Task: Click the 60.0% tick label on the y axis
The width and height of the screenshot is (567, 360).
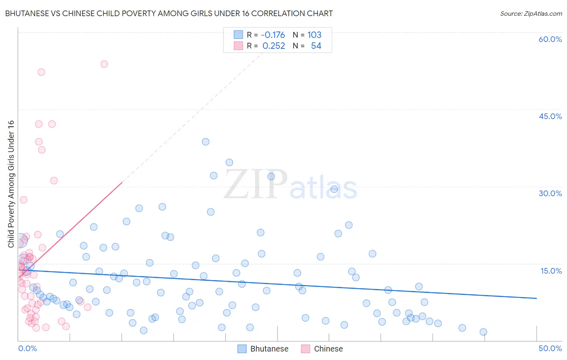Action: click(550, 39)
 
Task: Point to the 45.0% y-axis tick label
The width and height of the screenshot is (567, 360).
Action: click(550, 116)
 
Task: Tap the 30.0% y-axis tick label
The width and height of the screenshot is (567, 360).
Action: click(550, 193)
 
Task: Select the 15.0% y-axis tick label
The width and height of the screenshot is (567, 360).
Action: click(551, 271)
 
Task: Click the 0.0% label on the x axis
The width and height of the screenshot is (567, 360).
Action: click(27, 348)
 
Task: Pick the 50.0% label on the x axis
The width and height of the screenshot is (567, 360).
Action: click(550, 348)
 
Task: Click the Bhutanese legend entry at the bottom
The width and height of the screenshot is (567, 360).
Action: click(269, 349)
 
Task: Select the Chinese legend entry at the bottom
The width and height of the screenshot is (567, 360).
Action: click(328, 349)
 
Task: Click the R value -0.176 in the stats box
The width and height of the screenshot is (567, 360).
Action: click(273, 35)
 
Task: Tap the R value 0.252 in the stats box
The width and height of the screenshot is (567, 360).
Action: click(274, 46)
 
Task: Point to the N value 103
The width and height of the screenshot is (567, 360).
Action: click(315, 35)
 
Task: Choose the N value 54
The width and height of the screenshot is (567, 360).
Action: click(316, 46)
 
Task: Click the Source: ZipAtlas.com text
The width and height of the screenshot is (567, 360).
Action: click(531, 13)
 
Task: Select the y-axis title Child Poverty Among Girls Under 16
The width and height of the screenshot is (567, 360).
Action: click(11, 184)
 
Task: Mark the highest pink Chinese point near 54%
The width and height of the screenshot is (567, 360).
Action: click(104, 64)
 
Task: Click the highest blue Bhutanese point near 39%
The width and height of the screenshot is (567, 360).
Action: click(206, 142)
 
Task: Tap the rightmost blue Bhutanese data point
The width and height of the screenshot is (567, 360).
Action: click(483, 332)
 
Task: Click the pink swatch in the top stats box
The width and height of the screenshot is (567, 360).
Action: click(238, 46)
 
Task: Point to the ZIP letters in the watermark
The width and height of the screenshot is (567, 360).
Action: click(256, 184)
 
